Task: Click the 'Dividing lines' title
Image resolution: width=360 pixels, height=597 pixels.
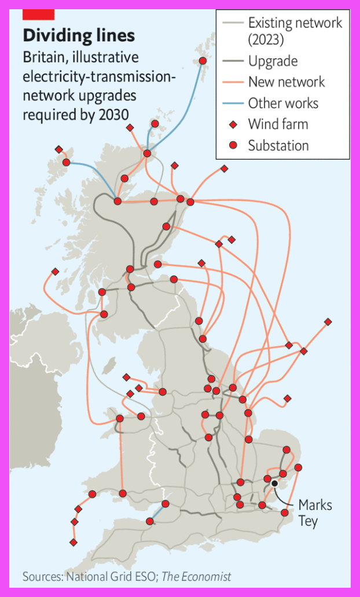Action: click(79, 35)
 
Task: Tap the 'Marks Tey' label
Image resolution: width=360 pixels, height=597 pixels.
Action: click(315, 513)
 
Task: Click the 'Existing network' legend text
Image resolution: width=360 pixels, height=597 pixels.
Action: click(295, 23)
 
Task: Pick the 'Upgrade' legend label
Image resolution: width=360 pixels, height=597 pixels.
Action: click(273, 61)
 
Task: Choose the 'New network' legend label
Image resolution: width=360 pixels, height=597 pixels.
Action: click(286, 82)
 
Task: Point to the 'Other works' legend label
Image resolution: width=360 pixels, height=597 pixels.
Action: click(283, 104)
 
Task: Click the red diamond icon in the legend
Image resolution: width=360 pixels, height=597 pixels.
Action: click(233, 124)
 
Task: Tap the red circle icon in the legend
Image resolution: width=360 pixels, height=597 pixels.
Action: click(233, 146)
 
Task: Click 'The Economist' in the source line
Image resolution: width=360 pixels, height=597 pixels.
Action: click(196, 577)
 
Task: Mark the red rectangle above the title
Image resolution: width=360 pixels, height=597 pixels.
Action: click(39, 14)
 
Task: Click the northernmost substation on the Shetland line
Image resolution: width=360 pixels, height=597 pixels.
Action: click(203, 61)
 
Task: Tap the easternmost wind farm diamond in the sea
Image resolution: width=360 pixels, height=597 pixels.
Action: click(328, 322)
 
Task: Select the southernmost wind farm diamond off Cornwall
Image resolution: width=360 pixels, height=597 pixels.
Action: click(73, 542)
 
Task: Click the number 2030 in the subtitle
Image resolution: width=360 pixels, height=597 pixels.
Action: click(112, 114)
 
